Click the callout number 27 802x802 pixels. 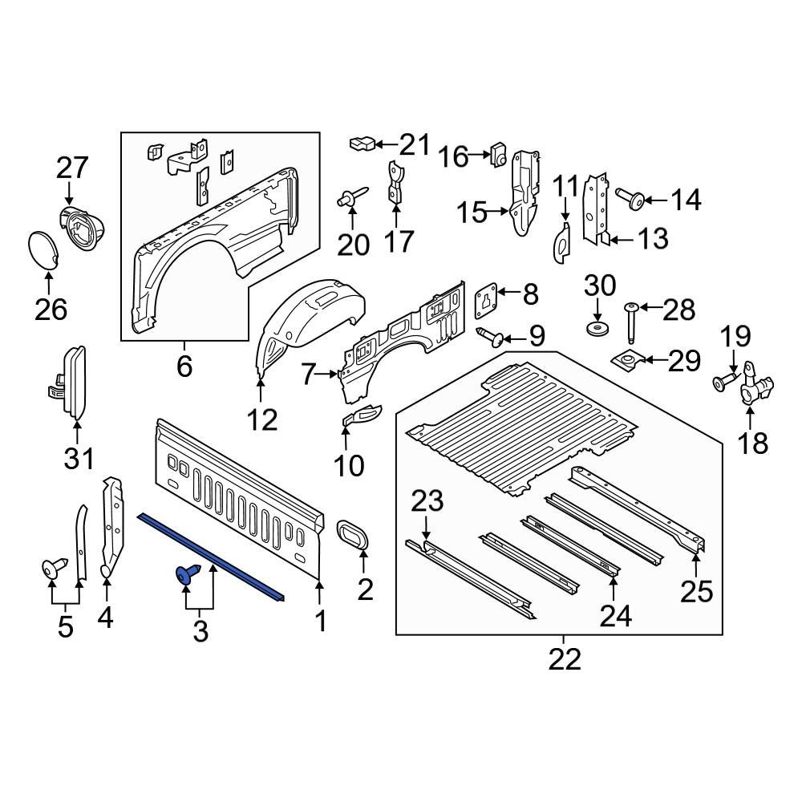(72, 169)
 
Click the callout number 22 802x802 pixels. (564, 659)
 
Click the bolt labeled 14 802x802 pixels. (630, 198)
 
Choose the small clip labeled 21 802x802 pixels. (361, 144)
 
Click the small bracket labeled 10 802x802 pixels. (361, 415)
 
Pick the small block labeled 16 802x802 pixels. (496, 152)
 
